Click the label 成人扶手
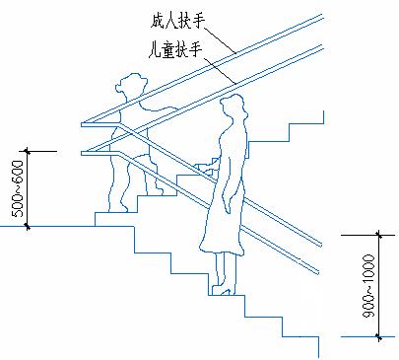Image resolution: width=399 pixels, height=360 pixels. tap(177, 21)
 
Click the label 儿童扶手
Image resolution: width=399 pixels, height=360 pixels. tap(174, 49)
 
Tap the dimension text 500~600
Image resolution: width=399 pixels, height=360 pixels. tap(18, 188)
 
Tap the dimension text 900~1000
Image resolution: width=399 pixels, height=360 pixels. tap(368, 285)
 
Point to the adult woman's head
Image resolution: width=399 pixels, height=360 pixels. tap(233, 106)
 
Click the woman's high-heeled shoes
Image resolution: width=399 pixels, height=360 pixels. tap(224, 290)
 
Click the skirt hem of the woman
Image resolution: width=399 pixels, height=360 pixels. tap(222, 250)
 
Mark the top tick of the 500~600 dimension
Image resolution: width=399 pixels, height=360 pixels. tap(28, 152)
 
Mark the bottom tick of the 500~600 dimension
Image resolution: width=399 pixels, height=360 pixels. tap(28, 226)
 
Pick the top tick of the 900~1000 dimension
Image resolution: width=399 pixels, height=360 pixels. tap(379, 236)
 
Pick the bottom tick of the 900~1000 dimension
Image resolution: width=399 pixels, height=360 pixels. tap(379, 336)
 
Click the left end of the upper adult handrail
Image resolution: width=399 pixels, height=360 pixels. tap(82, 124)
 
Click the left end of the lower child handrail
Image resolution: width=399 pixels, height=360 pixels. tap(82, 153)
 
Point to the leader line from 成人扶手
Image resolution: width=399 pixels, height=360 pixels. tap(221, 40)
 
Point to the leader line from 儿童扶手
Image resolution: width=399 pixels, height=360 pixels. tap(220, 70)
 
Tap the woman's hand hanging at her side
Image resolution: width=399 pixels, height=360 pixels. tap(227, 205)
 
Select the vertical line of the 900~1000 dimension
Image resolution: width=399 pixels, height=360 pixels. tap(379, 286)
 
